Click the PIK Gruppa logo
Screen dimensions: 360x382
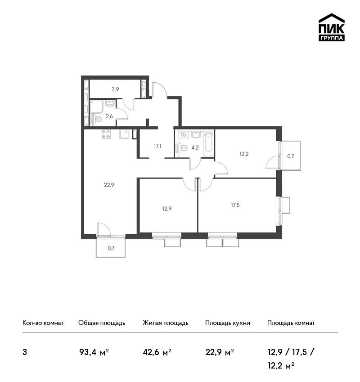click(x=332, y=27)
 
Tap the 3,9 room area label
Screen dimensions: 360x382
click(x=115, y=89)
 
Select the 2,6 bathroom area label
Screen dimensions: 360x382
click(x=109, y=116)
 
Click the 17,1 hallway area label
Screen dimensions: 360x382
click(x=157, y=146)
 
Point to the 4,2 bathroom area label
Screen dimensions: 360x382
click(x=195, y=147)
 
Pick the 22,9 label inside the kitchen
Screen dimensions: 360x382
click(x=109, y=185)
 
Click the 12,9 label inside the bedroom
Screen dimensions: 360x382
click(x=167, y=209)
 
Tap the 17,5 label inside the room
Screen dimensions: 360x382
click(x=235, y=205)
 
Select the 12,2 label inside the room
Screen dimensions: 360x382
click(x=244, y=154)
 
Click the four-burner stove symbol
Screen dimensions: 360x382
click(x=106, y=134)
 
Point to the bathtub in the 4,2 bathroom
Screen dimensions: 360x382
click(x=208, y=144)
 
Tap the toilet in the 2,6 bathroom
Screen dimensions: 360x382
click(x=96, y=120)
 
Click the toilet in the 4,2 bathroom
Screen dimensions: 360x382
click(x=181, y=148)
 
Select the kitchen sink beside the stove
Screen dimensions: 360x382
click(x=124, y=134)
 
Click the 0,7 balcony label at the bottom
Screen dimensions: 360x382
click(x=111, y=248)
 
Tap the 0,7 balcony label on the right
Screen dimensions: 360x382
click(x=291, y=156)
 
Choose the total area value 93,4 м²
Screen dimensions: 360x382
click(x=94, y=352)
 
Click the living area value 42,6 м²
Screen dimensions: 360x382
click(x=157, y=352)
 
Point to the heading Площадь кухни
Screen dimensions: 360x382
click(x=228, y=323)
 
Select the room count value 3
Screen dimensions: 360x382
click(x=25, y=352)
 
